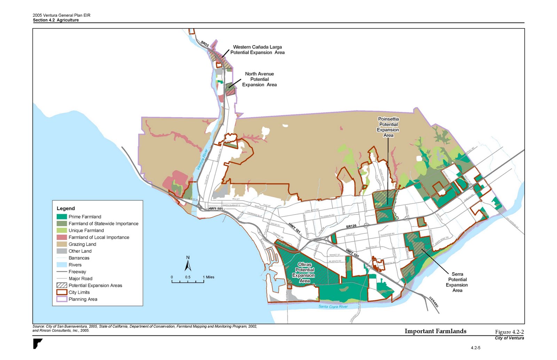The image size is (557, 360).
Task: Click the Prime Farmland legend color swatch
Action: (x=62, y=217)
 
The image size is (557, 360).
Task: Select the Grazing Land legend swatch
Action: (x=62, y=244)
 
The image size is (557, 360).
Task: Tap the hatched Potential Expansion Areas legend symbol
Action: (x=62, y=286)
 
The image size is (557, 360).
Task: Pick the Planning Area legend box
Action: (x=62, y=299)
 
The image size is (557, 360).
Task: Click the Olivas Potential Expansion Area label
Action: (x=304, y=273)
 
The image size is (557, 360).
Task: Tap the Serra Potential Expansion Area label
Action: (x=457, y=282)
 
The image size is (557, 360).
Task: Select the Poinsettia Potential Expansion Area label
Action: (x=388, y=127)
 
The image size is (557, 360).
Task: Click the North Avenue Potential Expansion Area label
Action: (x=259, y=79)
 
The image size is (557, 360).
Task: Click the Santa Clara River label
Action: (x=333, y=307)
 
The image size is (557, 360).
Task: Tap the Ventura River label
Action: (x=202, y=160)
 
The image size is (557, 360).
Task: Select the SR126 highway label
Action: (x=351, y=226)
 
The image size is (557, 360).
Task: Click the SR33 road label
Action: (x=205, y=44)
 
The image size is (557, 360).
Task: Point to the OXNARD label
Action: (x=433, y=302)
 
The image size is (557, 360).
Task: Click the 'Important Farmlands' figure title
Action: (x=435, y=331)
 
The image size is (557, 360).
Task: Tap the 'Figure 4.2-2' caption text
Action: (x=509, y=332)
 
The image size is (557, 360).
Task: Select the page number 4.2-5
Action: (x=476, y=348)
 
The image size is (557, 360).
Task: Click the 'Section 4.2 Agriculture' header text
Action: (x=56, y=20)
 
